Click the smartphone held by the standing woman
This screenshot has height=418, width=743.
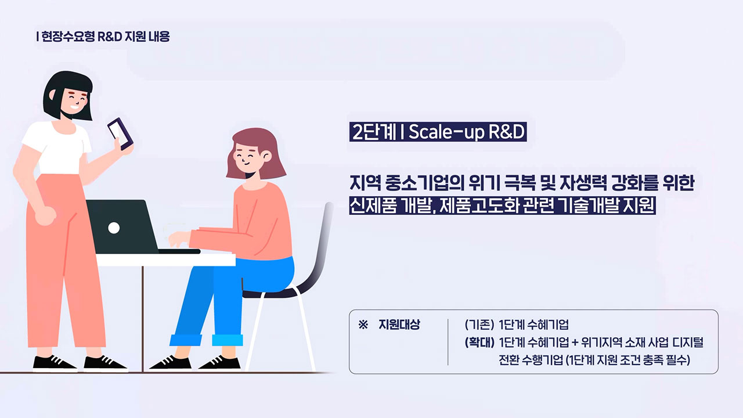tap(120, 134)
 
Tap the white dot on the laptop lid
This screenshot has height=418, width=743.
tap(114, 228)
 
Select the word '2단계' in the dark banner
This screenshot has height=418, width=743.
tap(374, 132)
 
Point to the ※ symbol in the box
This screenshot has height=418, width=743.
tap(363, 325)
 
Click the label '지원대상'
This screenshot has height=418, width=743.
tap(399, 325)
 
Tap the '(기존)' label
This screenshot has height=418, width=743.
tap(479, 325)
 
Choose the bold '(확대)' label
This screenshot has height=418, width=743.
tap(479, 343)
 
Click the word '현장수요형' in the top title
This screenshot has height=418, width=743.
tap(68, 37)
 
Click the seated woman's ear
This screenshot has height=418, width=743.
tap(266, 156)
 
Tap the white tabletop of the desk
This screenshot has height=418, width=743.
tap(166, 260)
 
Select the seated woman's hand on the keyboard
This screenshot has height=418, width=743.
tap(179, 239)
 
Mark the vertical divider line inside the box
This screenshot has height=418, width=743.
tap(448, 342)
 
